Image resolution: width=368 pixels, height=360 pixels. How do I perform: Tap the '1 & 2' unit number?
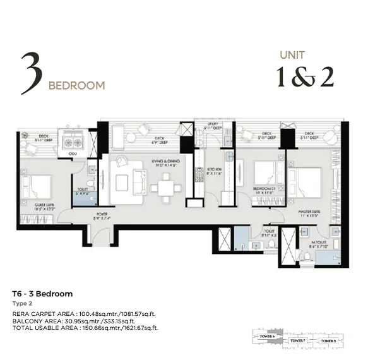coord(305,76)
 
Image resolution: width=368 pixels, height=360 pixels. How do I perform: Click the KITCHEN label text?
coord(213,169)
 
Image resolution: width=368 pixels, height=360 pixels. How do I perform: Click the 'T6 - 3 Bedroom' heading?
coord(42,294)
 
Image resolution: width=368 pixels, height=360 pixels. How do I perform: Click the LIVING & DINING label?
coord(166,162)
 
